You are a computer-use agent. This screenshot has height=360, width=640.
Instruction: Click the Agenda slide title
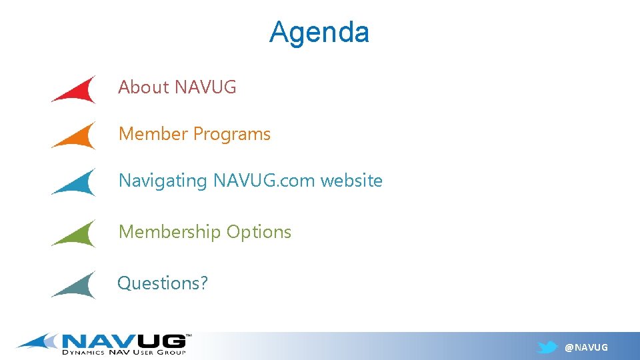pos(319,32)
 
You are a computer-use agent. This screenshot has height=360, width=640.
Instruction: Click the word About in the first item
pos(143,87)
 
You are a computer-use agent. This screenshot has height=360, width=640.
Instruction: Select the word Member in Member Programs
pos(153,134)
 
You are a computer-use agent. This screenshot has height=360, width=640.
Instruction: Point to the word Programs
pos(232,134)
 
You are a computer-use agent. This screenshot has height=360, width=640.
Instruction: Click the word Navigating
pos(163,181)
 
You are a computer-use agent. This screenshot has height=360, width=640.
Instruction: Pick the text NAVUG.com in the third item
pos(265,181)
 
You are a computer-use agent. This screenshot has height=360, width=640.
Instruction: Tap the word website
pos(352,181)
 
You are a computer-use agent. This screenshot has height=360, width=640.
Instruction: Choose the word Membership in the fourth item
pos(170,232)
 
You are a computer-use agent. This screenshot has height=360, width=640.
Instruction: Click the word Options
pos(259,232)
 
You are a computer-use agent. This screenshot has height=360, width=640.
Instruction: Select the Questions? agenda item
pos(163,283)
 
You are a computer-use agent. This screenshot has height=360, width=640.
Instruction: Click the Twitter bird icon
pos(547,347)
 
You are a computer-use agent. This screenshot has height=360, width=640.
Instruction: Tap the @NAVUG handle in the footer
pos(586,347)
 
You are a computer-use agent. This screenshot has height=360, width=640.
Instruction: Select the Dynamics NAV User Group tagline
pos(124,352)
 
